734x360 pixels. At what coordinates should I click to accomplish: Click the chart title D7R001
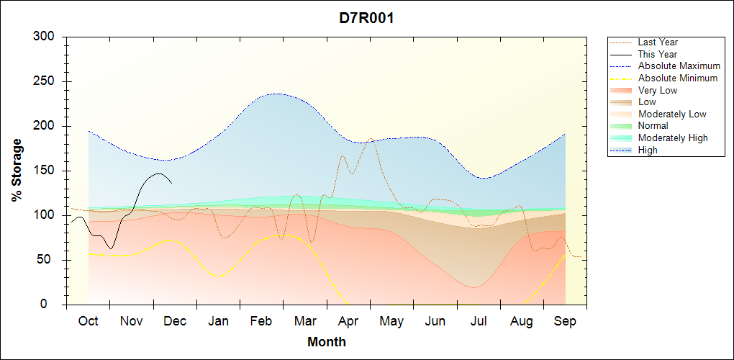366,18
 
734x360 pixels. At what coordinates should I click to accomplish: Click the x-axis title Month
327,342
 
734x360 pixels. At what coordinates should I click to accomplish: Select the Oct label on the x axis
88,321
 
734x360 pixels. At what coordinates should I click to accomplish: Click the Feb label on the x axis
261,321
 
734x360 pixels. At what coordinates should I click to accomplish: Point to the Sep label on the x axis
565,321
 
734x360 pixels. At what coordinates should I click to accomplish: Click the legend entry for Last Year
658,42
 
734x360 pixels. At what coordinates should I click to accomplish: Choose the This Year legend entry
658,54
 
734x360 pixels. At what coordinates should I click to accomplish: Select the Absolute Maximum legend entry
679,66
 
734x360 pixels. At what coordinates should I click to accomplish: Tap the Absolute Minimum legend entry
678,78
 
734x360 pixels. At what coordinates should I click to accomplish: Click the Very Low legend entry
658,90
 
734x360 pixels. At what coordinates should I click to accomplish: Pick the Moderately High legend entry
673,138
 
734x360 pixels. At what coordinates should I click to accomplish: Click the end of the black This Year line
171,183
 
